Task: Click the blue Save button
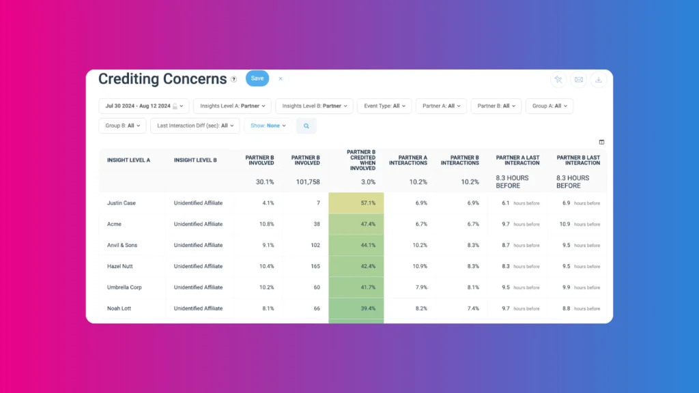[257, 78]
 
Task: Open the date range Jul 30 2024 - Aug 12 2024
[143, 106]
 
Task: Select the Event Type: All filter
[384, 106]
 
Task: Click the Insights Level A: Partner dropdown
[232, 106]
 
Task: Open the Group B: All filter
[122, 126]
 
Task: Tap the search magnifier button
[306, 126]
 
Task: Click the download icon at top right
[598, 80]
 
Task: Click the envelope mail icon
[578, 80]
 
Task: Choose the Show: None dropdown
[268, 126]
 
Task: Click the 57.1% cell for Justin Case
[356, 203]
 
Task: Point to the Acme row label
[115, 224]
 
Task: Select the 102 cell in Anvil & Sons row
[306, 246]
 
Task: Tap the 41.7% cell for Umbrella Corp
[356, 288]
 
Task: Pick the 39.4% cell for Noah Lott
[356, 309]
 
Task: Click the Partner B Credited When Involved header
[361, 160]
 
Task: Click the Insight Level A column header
[128, 160]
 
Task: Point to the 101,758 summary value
[305, 182]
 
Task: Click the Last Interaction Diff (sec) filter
[195, 126]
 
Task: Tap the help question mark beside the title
[234, 79]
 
